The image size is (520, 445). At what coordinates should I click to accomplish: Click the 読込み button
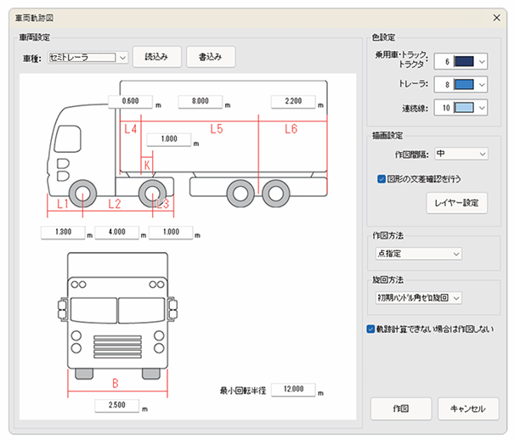pyautogui.click(x=156, y=57)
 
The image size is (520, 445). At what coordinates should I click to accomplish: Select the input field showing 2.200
pyautogui.click(x=294, y=101)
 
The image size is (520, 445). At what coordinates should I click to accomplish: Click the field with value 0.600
pyautogui.click(x=131, y=101)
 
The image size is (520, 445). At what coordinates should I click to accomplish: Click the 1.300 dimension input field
pyautogui.click(x=62, y=232)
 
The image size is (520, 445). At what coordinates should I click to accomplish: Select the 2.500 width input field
pyautogui.click(x=117, y=405)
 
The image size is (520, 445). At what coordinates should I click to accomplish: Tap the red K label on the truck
pyautogui.click(x=147, y=165)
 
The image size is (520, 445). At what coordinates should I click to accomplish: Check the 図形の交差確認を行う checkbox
pyautogui.click(x=382, y=179)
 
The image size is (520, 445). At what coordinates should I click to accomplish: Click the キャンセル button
pyautogui.click(x=468, y=408)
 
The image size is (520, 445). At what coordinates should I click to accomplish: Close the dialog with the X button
pyautogui.click(x=497, y=17)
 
